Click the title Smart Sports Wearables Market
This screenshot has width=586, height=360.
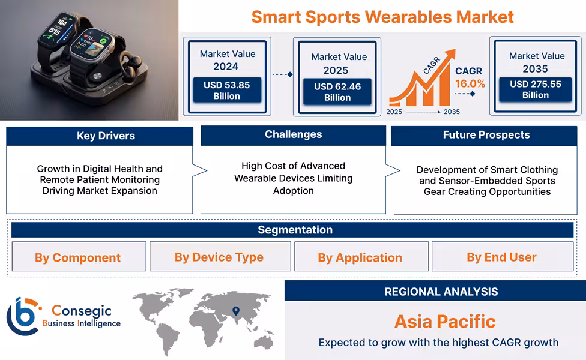click(x=382, y=17)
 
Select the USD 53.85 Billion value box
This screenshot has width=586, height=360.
click(x=226, y=91)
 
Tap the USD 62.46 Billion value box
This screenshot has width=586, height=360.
click(x=337, y=92)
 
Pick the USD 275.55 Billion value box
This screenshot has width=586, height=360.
click(x=535, y=89)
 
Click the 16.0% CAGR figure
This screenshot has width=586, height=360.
click(x=470, y=83)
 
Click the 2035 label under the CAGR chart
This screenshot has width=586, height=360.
click(x=452, y=112)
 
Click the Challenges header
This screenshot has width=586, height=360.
click(x=293, y=135)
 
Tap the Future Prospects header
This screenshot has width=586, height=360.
click(x=486, y=135)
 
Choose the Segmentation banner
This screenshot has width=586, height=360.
click(x=295, y=230)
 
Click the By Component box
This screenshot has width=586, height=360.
click(x=78, y=257)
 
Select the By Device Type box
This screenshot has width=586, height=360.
click(x=219, y=257)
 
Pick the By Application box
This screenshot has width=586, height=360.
click(x=360, y=257)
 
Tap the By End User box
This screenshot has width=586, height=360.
click(x=502, y=257)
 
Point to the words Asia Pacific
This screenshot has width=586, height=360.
click(x=445, y=322)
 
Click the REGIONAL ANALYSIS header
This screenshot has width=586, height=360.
click(x=441, y=292)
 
